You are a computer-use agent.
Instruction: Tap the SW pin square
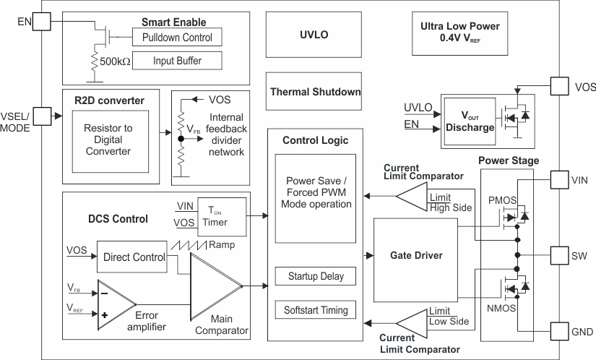coord(561,256)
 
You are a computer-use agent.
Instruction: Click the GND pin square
coord(561,331)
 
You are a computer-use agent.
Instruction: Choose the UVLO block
coord(313,34)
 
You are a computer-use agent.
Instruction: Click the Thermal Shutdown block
coord(315,93)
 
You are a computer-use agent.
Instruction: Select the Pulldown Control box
coord(177,37)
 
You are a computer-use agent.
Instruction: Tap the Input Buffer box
coord(177,61)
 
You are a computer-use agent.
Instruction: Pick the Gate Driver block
coord(415,256)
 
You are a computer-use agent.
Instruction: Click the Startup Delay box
coord(316,276)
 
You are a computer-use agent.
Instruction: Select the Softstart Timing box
coord(316,310)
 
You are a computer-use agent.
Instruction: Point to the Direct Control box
coord(134,257)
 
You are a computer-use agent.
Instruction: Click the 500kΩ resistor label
coord(114,61)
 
